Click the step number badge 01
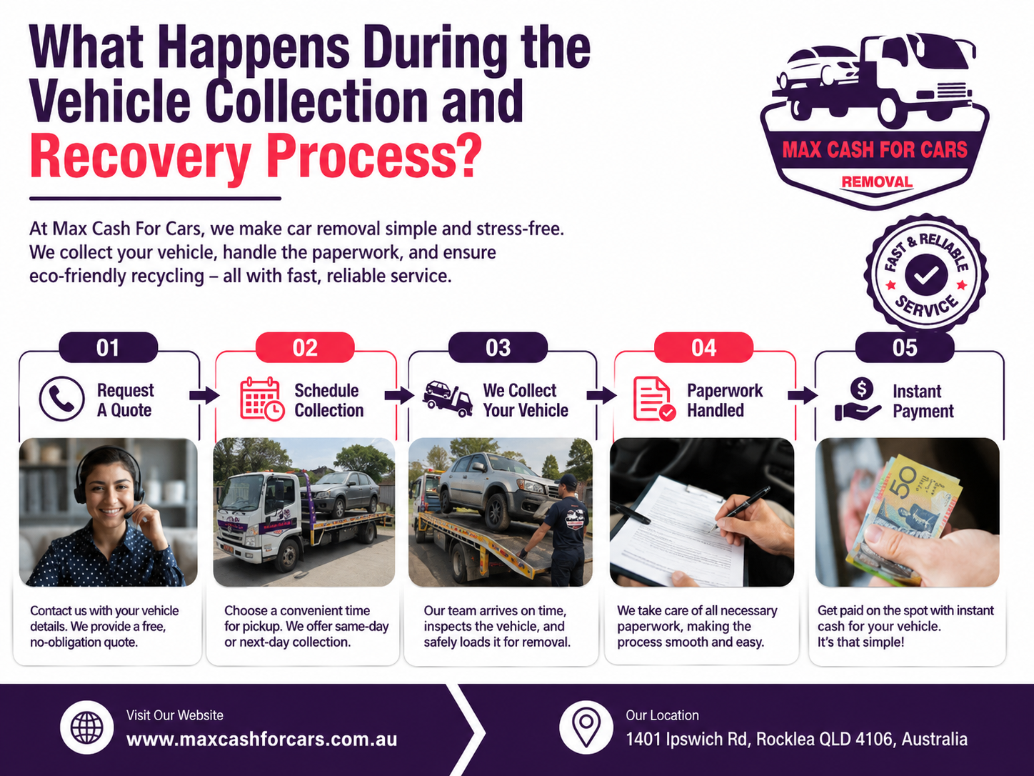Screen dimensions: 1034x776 click(108, 347)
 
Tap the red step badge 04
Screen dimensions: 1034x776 click(703, 347)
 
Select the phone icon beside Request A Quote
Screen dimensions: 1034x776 click(61, 399)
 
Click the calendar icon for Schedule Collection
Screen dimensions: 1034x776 click(262, 399)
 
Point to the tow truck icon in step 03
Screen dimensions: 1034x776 click(448, 399)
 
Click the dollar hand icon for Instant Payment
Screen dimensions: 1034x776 click(858, 399)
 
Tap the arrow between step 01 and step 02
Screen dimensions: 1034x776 click(204, 395)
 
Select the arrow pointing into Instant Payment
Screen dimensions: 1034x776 click(803, 395)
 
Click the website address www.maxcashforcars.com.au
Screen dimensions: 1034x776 click(262, 740)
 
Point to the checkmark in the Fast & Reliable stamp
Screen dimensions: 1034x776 click(926, 274)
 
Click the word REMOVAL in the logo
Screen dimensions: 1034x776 click(877, 182)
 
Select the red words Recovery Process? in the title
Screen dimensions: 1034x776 click(256, 156)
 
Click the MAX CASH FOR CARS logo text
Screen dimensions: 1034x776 click(875, 150)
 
